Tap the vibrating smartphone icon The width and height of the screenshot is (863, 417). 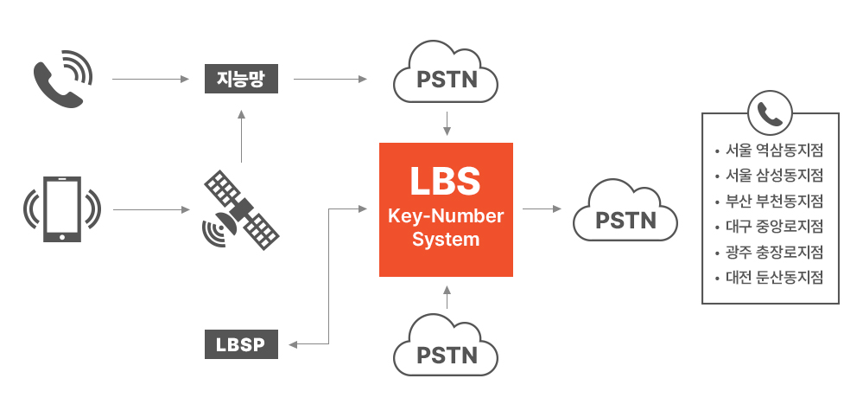61,209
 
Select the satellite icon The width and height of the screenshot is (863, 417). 241,209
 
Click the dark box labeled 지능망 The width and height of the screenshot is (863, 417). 242,79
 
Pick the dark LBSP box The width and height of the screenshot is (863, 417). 242,344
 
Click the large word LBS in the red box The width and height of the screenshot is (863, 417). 446,181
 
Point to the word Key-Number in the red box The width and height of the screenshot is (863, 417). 446,216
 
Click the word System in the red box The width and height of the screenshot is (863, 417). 446,239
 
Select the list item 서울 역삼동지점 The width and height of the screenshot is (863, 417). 773,150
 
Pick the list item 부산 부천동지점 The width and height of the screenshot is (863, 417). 773,201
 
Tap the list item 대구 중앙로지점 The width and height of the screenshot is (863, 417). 773,227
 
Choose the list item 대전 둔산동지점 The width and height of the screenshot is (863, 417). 773,278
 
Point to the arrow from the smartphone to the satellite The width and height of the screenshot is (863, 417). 150,209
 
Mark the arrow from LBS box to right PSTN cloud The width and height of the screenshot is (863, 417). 542,209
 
